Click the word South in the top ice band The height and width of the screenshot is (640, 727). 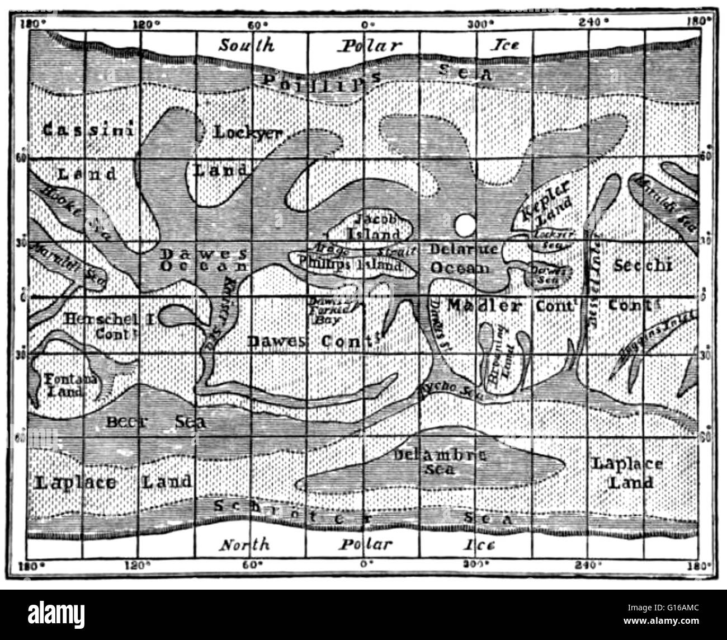246,45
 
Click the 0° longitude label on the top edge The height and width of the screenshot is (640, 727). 366,24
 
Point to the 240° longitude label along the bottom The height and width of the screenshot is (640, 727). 588,564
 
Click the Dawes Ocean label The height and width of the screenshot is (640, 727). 204,260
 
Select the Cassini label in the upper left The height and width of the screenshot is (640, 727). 88,130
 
